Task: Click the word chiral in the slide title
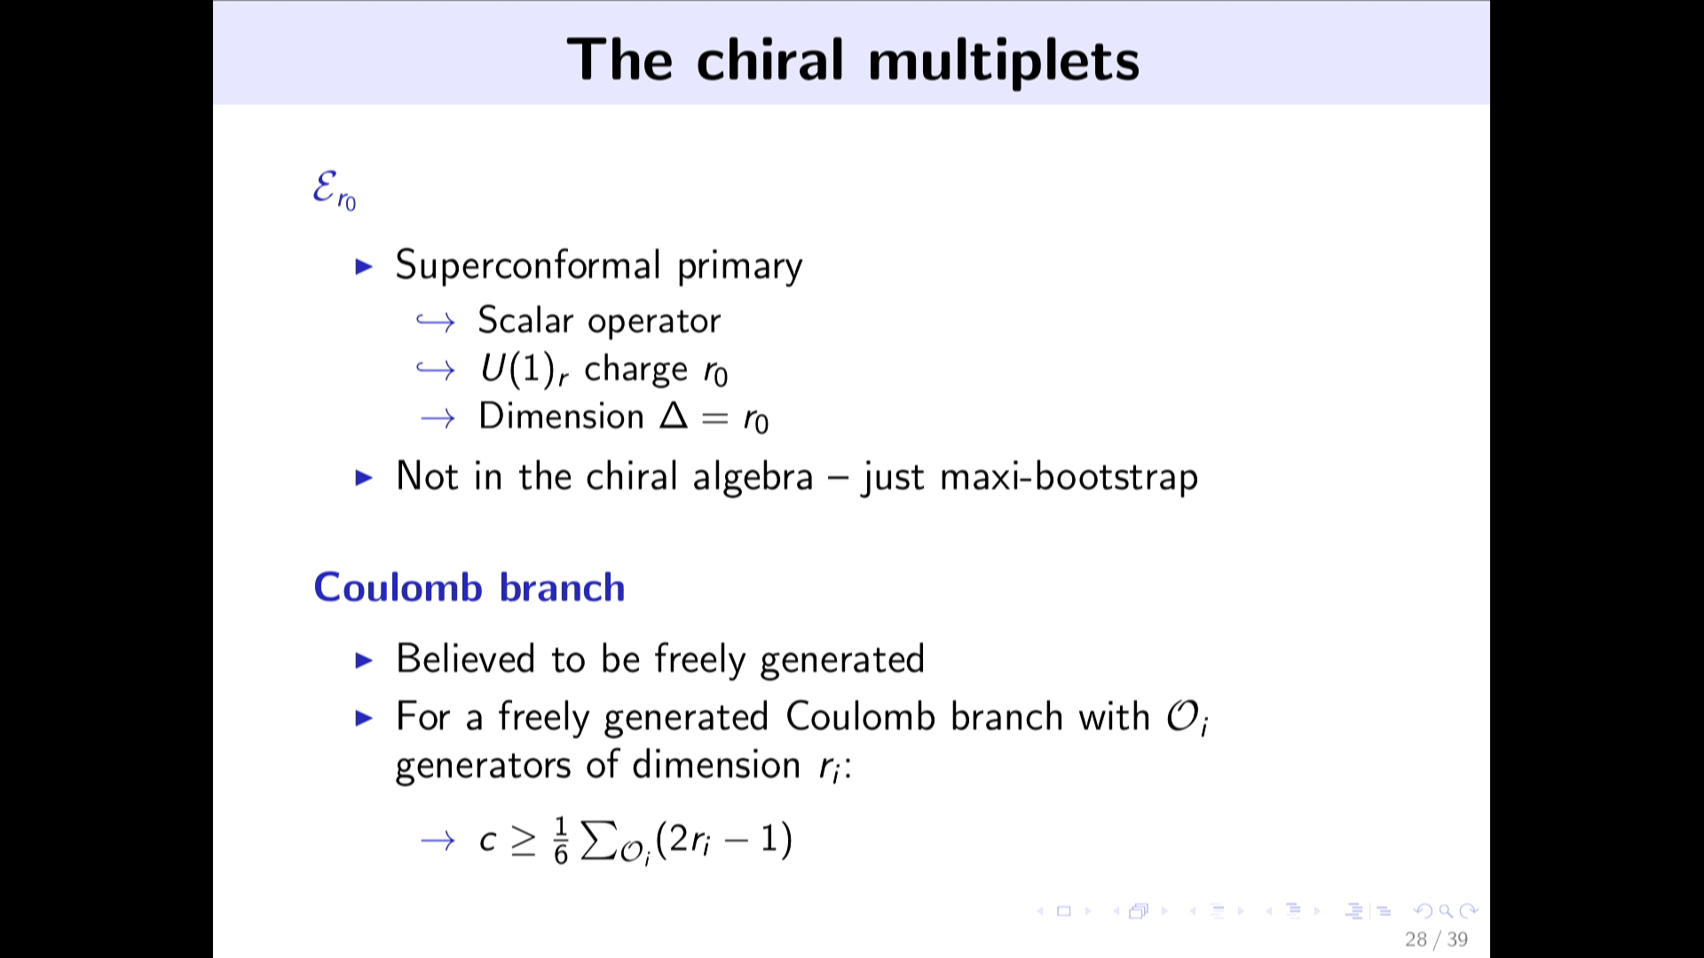tap(770, 60)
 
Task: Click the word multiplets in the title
tap(1004, 60)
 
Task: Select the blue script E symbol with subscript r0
tap(335, 191)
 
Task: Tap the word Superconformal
tap(528, 265)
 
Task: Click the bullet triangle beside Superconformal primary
tap(364, 266)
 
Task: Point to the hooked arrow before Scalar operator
tap(436, 321)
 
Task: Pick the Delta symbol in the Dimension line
tap(674, 415)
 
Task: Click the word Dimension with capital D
tap(561, 416)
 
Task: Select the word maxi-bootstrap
tap(1069, 477)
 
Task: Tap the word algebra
tap(753, 477)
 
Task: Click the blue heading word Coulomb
tap(398, 587)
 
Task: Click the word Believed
tap(466, 659)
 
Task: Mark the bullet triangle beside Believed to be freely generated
tap(364, 660)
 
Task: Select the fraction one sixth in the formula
tap(561, 841)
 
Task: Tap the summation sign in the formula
tap(599, 840)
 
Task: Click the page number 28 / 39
tap(1436, 939)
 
